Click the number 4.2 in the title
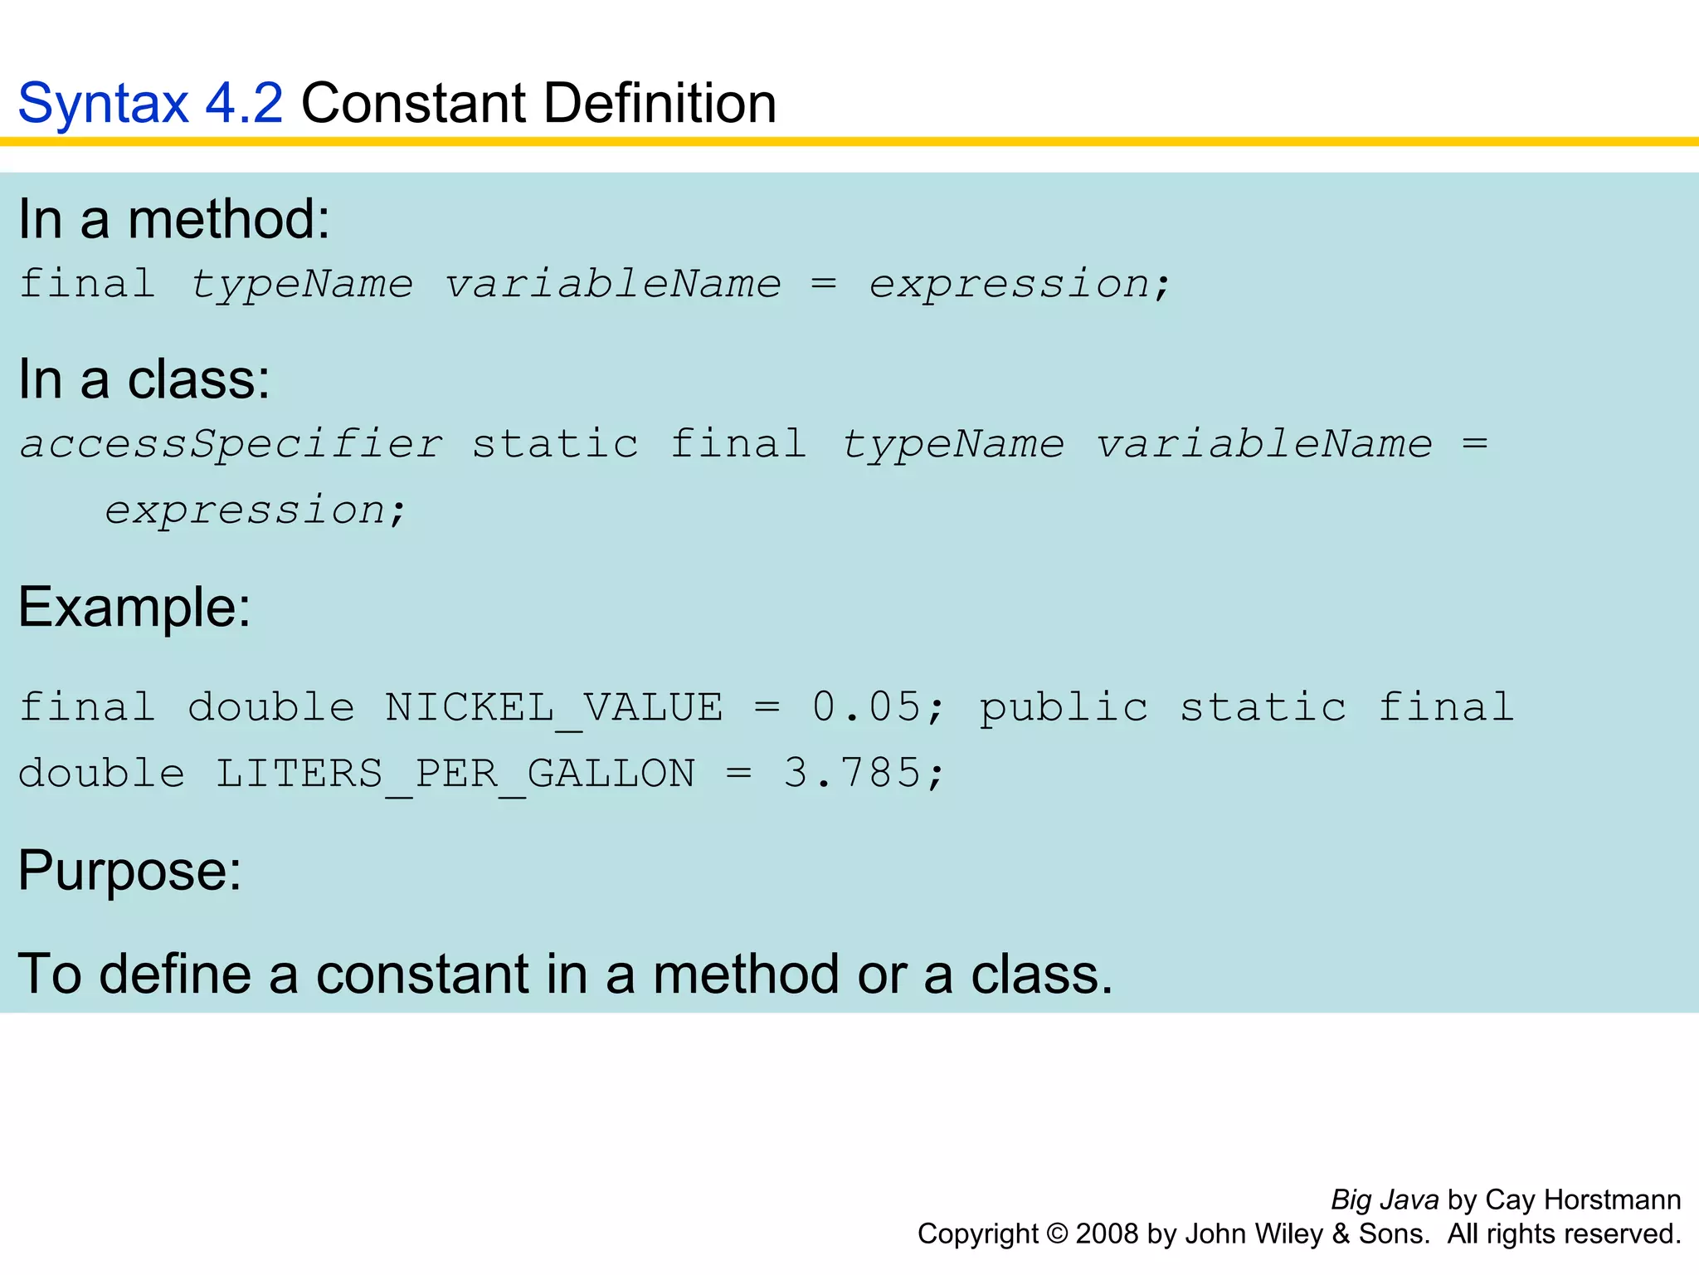coord(243,104)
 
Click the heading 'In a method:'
coord(174,220)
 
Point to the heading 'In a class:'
coord(144,380)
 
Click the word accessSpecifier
coord(231,445)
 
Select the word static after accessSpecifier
coord(555,445)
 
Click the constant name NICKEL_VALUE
coord(553,709)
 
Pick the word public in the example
coord(1064,709)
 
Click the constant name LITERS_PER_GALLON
coord(455,774)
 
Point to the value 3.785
coord(852,774)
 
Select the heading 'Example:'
coord(134,608)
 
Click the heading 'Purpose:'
coord(130,871)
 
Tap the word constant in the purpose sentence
coord(422,974)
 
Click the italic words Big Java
coord(1385,1200)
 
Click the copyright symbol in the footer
coord(1057,1234)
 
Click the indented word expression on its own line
coord(246,510)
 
